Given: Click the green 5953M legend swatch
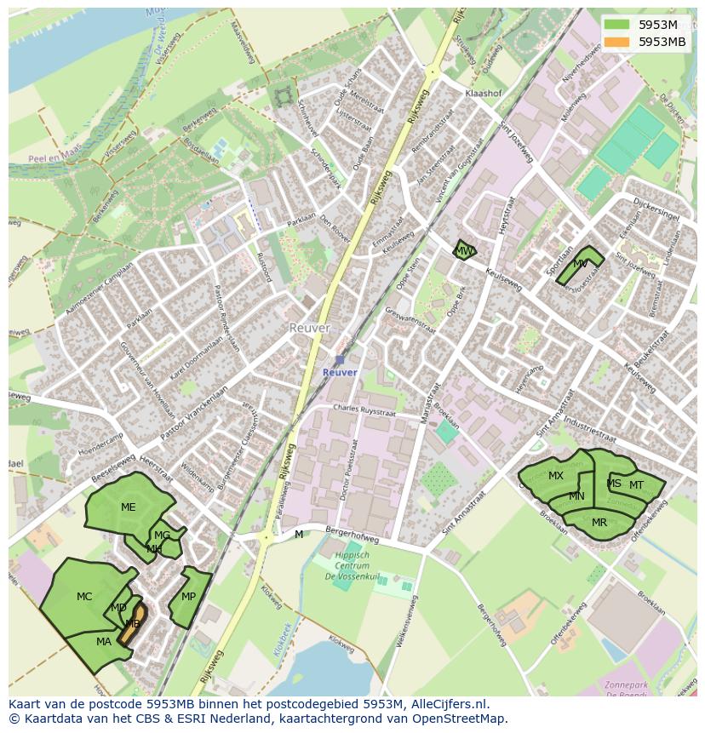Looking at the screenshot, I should (x=617, y=25).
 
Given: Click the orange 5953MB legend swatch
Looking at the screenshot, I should (x=617, y=42).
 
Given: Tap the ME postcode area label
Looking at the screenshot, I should (x=128, y=507).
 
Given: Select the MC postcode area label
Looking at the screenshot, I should (x=84, y=597).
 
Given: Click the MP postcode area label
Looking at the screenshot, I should (x=189, y=597).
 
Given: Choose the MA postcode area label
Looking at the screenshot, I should (x=104, y=642).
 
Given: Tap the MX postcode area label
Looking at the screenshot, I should (x=556, y=476).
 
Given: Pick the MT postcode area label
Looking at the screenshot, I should (x=636, y=485).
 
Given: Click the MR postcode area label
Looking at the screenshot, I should (x=599, y=523).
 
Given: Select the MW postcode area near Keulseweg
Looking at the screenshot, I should (x=463, y=251).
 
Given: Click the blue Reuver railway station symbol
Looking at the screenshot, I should (x=340, y=360).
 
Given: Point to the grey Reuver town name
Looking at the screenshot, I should (x=309, y=328).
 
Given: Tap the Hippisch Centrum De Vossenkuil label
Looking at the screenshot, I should (x=352, y=566).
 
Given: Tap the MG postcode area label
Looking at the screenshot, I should (x=162, y=535).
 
